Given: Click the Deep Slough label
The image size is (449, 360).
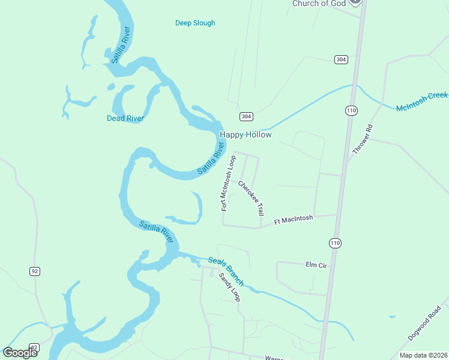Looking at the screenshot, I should pos(195,23).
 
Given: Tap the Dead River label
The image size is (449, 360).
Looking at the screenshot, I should pos(125,118).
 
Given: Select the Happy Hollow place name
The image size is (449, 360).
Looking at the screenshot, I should pos(246,135).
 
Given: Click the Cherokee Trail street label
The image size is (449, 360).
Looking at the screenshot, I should pos(251,199).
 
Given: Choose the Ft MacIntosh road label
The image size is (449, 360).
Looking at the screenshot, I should pos(294,220).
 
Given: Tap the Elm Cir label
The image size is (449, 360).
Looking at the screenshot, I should pos(316,264).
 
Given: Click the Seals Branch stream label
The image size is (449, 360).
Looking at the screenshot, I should pos(226,271).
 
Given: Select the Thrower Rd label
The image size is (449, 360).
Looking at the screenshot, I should pos(363,139).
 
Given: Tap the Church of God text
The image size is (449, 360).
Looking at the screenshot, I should pos(319,4).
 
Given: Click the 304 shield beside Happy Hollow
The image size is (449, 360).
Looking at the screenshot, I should pos(246,116).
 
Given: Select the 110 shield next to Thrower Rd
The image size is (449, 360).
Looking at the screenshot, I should pos(351,110).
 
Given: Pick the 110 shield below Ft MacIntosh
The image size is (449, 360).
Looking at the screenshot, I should pos(335,242).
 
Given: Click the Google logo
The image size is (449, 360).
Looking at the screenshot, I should pos(20,353).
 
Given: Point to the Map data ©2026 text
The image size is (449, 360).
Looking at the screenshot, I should pos(423,355).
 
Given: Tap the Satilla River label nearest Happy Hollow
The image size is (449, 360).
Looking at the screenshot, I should pos(212,158).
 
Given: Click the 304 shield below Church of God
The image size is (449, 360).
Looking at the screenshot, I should pos(341,59).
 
